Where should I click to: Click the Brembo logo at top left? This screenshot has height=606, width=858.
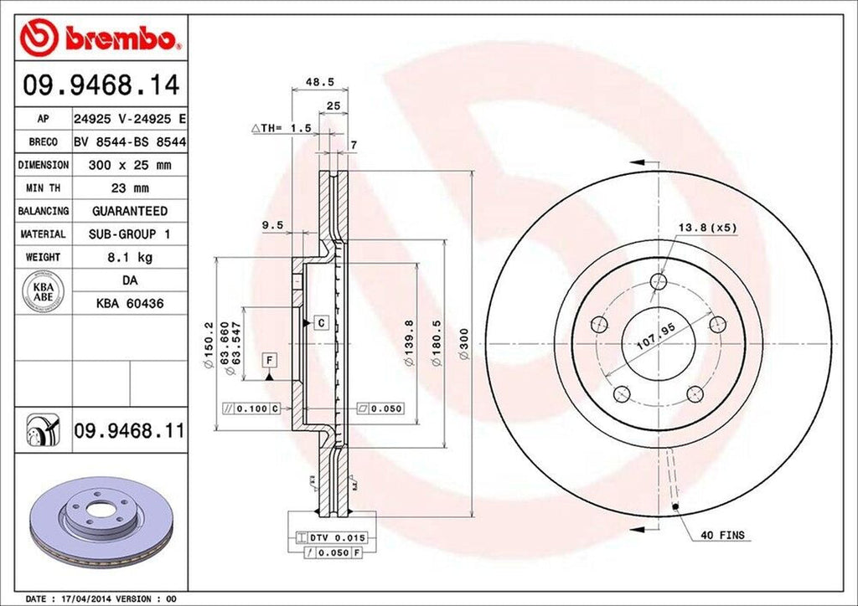(100, 38)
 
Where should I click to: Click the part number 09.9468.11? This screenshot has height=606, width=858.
(128, 431)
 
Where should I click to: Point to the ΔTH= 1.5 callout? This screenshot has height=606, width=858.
(282, 128)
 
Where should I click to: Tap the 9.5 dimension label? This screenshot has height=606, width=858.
(271, 224)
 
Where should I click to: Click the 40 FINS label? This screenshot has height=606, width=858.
(723, 534)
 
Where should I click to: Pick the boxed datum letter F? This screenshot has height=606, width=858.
(269, 360)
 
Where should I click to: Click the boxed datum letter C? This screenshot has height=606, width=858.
(320, 322)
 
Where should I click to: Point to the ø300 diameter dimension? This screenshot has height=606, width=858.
(463, 344)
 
